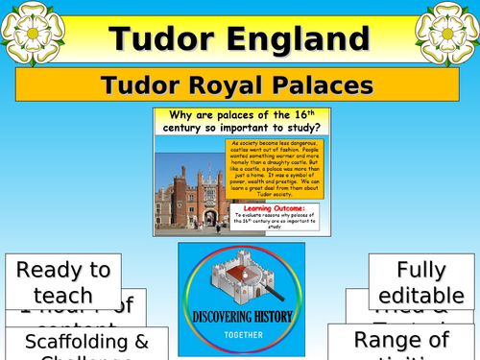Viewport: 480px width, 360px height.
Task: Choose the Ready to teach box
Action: point(62,282)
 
